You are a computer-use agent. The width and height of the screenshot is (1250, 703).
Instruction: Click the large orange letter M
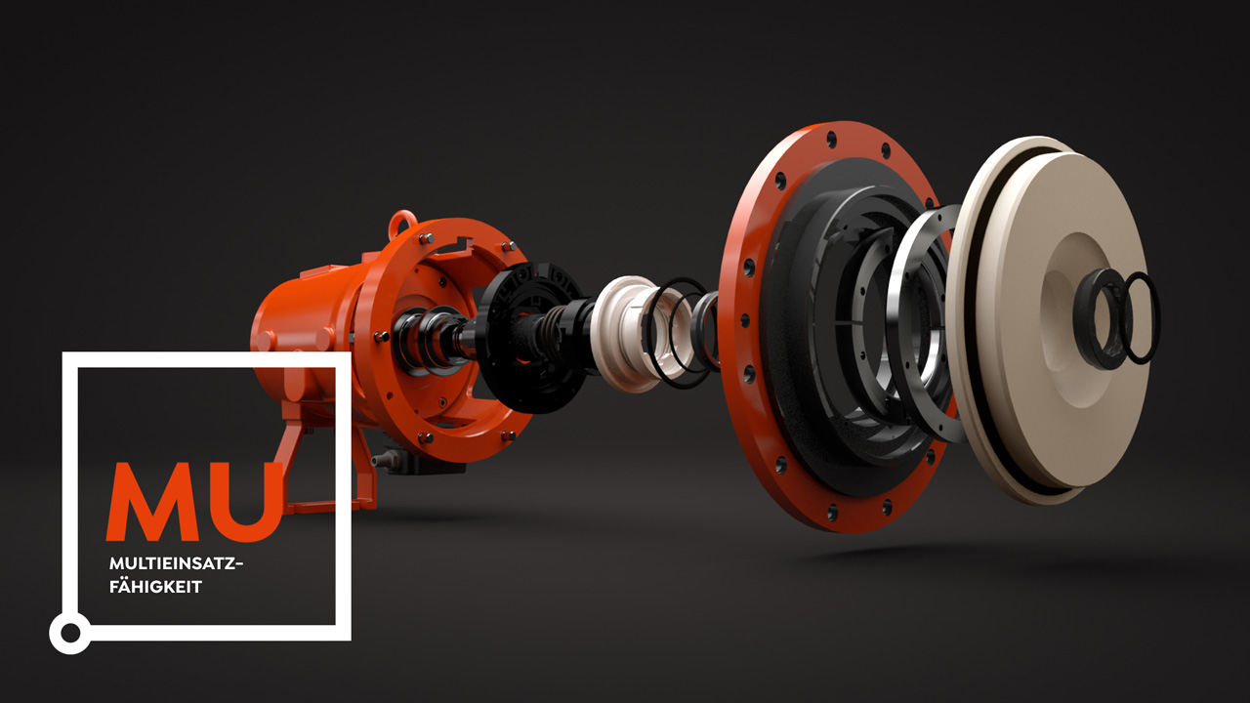pos(150,502)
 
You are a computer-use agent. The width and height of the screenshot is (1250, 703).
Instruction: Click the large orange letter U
pos(248,502)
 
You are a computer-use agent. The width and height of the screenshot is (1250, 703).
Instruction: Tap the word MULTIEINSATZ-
pos(177,564)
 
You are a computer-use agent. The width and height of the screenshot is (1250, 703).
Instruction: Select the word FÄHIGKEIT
pos(155,587)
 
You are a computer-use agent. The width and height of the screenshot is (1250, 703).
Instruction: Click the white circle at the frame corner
pos(70,633)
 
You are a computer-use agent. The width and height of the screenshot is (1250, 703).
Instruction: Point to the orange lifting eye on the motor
pos(399,225)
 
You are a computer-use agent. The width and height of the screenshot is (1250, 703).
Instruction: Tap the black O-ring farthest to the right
pos(1142,318)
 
